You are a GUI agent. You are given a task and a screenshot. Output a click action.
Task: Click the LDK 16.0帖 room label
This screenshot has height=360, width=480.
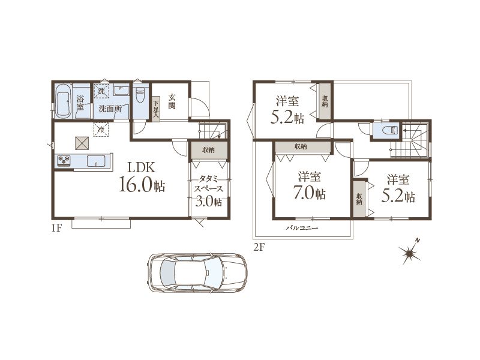142,177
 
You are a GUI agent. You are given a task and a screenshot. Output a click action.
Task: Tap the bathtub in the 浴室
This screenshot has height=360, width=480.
64,100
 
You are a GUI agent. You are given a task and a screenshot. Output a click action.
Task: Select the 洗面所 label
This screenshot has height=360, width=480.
110,109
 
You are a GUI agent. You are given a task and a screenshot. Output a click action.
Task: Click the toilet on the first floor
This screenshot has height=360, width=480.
140,95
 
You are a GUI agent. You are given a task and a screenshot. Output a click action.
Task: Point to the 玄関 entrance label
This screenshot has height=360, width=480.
172,101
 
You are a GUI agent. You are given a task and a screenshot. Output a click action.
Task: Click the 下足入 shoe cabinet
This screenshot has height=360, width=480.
156,109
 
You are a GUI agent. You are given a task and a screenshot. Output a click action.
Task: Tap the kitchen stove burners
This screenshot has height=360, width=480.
64,161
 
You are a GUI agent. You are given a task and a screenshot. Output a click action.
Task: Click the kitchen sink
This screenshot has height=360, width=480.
96,161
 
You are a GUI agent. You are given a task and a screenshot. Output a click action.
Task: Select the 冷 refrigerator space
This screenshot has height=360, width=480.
101,130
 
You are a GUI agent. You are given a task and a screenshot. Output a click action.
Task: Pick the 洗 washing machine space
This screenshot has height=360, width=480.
101,91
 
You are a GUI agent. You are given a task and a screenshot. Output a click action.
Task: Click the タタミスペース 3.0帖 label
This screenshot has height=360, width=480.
208,190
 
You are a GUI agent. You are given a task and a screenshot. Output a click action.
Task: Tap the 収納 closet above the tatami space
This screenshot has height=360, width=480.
209,150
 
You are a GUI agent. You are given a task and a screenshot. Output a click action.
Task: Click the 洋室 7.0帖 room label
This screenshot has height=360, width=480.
310,185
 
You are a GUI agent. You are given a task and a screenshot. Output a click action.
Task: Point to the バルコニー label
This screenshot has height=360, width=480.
302,228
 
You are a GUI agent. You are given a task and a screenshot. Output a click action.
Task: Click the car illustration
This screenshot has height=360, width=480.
197,272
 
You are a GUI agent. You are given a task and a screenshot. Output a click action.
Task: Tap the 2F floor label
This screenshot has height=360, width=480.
259,247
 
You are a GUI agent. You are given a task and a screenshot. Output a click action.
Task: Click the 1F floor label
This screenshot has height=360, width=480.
57,228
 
